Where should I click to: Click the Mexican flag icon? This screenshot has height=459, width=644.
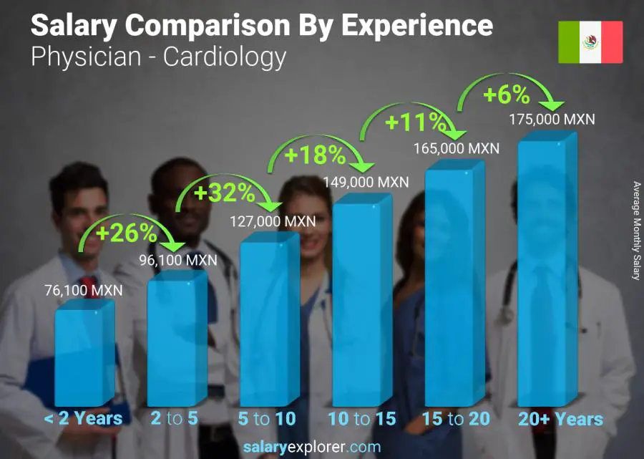[590, 42]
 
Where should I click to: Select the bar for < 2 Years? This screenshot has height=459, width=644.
[84, 354]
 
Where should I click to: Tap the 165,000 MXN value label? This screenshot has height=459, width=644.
[456, 149]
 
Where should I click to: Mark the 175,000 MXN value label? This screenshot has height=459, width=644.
[550, 120]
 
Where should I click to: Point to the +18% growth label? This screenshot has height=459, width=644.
[316, 154]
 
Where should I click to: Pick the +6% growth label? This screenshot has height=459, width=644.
[506, 95]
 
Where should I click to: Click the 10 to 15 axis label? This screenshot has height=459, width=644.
[361, 419]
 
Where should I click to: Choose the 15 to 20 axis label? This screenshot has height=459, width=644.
[455, 419]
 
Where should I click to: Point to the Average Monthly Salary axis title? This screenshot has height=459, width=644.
[635, 231]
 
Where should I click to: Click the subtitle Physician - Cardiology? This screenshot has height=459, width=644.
[159, 57]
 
